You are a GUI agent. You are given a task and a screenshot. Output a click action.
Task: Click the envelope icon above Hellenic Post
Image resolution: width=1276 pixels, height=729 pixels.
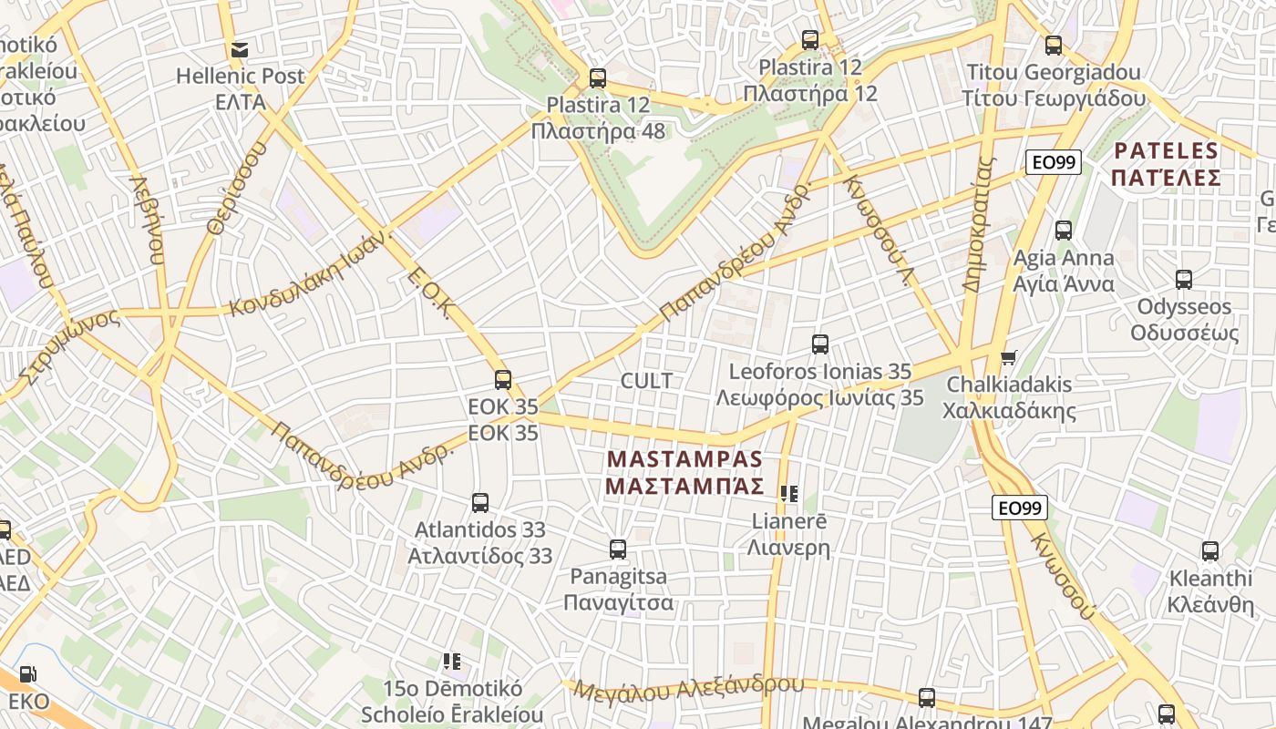240,49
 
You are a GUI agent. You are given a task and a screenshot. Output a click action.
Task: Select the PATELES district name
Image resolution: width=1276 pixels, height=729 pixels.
1167,163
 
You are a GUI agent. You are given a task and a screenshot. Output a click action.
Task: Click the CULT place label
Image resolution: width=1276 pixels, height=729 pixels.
646,380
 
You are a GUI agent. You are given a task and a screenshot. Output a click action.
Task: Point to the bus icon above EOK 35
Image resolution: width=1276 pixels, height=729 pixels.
503,380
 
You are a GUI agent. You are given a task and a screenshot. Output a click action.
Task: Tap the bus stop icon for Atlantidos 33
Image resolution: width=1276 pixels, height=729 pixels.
480,502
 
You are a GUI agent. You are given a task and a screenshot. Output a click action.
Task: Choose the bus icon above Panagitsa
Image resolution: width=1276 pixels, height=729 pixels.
618,549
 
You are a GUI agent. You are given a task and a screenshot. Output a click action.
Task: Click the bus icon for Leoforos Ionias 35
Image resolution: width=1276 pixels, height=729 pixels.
820,344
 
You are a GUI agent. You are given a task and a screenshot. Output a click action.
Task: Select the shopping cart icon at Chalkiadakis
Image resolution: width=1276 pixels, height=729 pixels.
1008,357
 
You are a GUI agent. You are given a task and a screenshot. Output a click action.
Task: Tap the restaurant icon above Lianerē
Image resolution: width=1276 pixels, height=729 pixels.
789,494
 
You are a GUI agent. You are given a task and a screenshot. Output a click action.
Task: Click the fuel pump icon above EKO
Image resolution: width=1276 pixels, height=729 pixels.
28,674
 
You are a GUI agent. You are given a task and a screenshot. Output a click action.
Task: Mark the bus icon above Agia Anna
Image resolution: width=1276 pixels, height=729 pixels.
1064,231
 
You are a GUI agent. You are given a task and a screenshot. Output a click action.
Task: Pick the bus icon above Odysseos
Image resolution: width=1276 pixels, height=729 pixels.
1184,280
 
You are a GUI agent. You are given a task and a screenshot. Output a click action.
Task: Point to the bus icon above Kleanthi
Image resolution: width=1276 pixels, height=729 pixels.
1210,551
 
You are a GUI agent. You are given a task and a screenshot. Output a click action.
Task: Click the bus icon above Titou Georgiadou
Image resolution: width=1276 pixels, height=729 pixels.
1054,45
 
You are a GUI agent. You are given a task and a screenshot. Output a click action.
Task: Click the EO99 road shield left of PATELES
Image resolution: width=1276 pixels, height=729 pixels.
1053,162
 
